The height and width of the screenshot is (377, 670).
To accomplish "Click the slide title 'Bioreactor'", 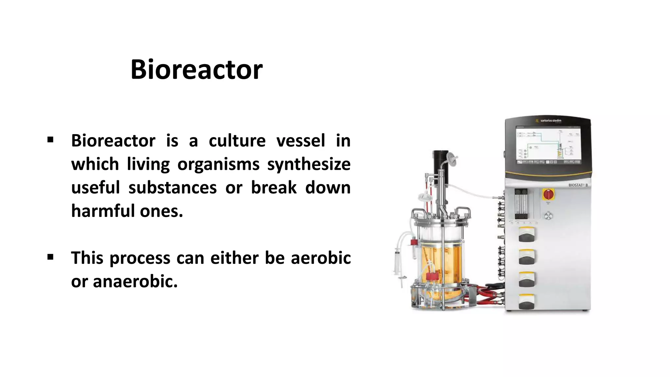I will click(196, 70).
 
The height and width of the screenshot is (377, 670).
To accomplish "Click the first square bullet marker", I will click(50, 140).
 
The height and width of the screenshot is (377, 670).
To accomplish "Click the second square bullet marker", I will click(50, 257).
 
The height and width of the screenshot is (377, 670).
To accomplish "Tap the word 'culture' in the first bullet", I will click(237, 141).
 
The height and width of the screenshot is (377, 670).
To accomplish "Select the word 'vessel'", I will click(301, 141).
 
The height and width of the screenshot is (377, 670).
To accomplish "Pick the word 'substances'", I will click(172, 188).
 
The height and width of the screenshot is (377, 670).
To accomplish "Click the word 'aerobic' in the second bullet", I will click(321, 258).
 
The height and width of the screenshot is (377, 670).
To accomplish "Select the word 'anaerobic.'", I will click(135, 281).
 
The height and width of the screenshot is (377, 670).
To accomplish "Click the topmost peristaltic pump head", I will click(527, 235).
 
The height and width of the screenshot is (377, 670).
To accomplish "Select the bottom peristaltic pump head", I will click(527, 302).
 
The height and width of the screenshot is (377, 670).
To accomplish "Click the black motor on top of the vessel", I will click(440, 162).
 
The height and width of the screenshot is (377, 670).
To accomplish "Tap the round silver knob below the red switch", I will click(548, 216).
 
